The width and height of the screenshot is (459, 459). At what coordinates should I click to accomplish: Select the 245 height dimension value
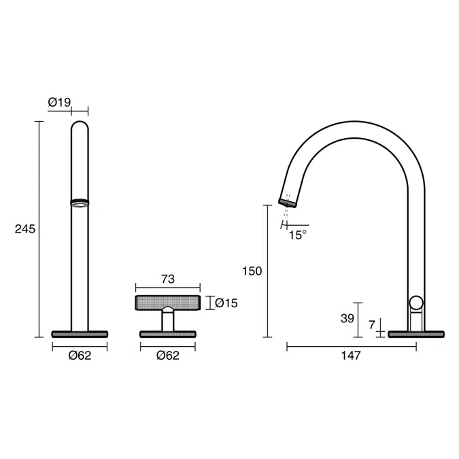point(25,229)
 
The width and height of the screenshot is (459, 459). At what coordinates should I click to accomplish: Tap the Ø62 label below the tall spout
point(80,356)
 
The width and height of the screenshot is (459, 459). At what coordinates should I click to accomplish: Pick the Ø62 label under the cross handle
point(167,356)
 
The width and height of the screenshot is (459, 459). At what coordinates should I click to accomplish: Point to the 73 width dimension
point(168,279)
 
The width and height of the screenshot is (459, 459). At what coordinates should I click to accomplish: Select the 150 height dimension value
point(252,271)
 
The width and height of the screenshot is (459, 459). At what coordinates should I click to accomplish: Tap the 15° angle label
point(297,235)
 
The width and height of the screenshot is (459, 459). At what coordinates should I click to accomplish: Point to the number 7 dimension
point(371,325)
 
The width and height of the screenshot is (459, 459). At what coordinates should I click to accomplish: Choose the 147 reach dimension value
point(351,356)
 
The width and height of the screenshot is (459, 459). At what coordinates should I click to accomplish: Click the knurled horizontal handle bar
point(168,303)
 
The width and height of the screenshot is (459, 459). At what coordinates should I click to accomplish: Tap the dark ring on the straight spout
point(80,201)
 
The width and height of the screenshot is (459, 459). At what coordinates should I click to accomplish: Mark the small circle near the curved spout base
point(416,304)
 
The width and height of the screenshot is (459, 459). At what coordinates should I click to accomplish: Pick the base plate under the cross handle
point(167,333)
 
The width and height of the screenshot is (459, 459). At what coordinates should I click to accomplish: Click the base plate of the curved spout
point(415,333)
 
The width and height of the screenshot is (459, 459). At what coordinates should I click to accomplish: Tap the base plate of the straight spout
point(80,333)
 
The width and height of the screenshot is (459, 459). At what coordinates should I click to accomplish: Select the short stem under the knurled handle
point(167,320)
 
